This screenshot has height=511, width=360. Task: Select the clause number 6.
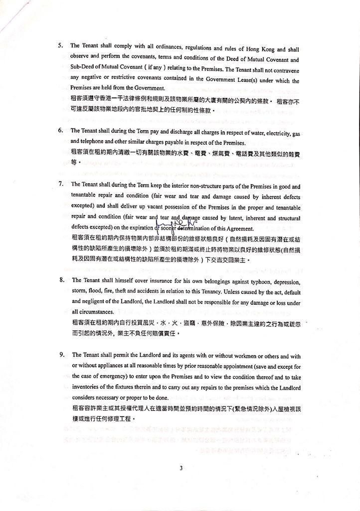coord(60,130)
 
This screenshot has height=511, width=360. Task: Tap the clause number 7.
coord(60,183)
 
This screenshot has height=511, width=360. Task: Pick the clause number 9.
coord(62,355)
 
